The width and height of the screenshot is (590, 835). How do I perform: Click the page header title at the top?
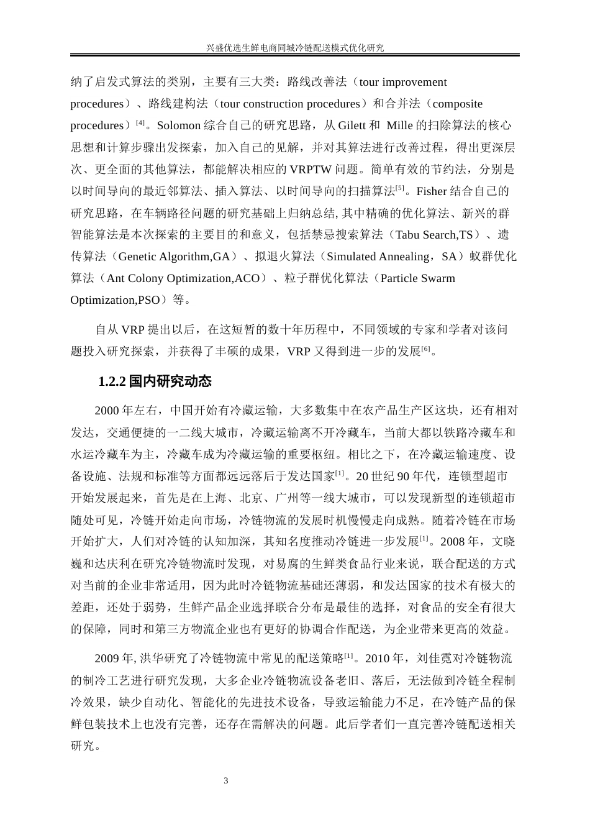point(294,47)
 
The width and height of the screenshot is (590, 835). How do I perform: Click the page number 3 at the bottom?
point(226,780)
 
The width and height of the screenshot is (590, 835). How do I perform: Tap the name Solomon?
point(178,125)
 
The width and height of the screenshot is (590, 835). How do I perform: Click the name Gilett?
point(352,125)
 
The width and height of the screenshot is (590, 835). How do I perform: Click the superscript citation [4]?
point(140,122)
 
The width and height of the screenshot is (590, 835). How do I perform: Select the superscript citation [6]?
point(425,349)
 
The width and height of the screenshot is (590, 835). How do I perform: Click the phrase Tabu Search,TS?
point(434,234)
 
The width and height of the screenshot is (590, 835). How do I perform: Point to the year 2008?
point(460,541)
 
